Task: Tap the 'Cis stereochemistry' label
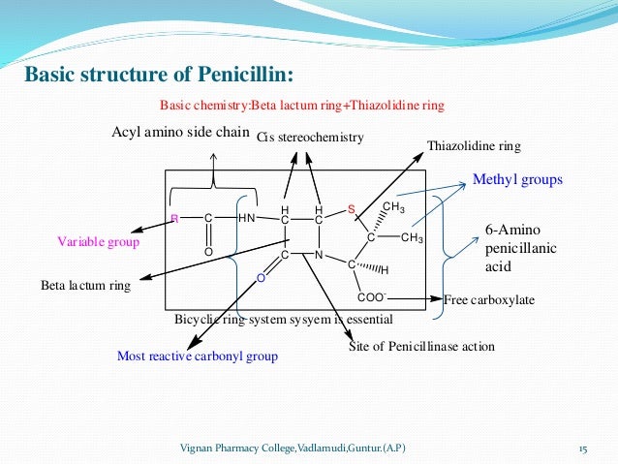coord(310,138)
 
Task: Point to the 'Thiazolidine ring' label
coord(474,146)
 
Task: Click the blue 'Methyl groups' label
coord(516,180)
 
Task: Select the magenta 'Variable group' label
coord(98,242)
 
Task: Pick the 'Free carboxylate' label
coord(489,300)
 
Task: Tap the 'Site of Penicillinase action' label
coord(421,346)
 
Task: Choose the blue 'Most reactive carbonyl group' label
coord(197,356)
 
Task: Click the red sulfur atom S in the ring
coord(352,211)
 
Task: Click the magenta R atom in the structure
coord(173,219)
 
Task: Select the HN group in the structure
coord(246,219)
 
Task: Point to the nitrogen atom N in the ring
coord(318,256)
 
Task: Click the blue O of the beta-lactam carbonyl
coord(260,278)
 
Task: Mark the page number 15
coord(583,448)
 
